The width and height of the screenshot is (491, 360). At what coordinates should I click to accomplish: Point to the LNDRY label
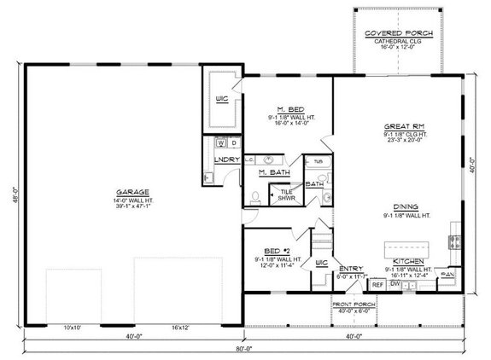coord(226,160)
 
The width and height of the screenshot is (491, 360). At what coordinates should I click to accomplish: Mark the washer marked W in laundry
coord(219,142)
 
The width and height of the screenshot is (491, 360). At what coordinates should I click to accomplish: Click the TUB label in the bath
coord(318,161)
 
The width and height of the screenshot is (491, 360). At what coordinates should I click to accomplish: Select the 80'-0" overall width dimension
coord(244,350)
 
